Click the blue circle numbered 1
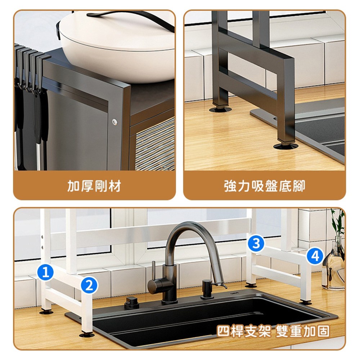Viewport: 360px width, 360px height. (x=45, y=273)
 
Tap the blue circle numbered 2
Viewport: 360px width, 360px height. (x=89, y=285)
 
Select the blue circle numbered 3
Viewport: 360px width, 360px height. (x=256, y=243)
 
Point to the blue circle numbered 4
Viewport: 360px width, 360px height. (x=315, y=256)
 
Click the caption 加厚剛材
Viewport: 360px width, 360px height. (x=94, y=186)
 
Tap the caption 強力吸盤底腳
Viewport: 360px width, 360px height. (x=265, y=186)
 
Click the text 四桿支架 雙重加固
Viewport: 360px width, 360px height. (x=273, y=331)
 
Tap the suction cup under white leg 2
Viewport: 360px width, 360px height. (x=86, y=335)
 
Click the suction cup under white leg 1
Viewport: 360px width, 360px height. (x=46, y=312)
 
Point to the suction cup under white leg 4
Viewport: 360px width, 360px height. (x=305, y=303)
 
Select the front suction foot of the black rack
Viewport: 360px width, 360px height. (x=285, y=146)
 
